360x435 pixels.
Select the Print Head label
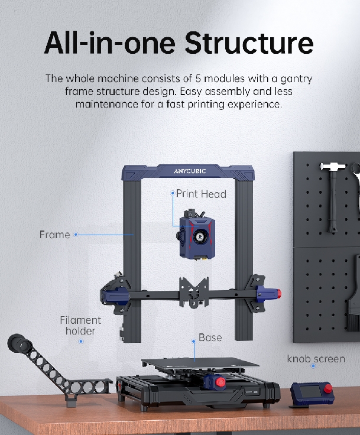point(201,193)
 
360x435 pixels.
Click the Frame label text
point(54,235)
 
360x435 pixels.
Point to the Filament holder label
point(80,325)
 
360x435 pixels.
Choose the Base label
point(210,337)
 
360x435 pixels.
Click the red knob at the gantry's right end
point(276,293)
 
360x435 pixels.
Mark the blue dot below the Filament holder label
point(81,340)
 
